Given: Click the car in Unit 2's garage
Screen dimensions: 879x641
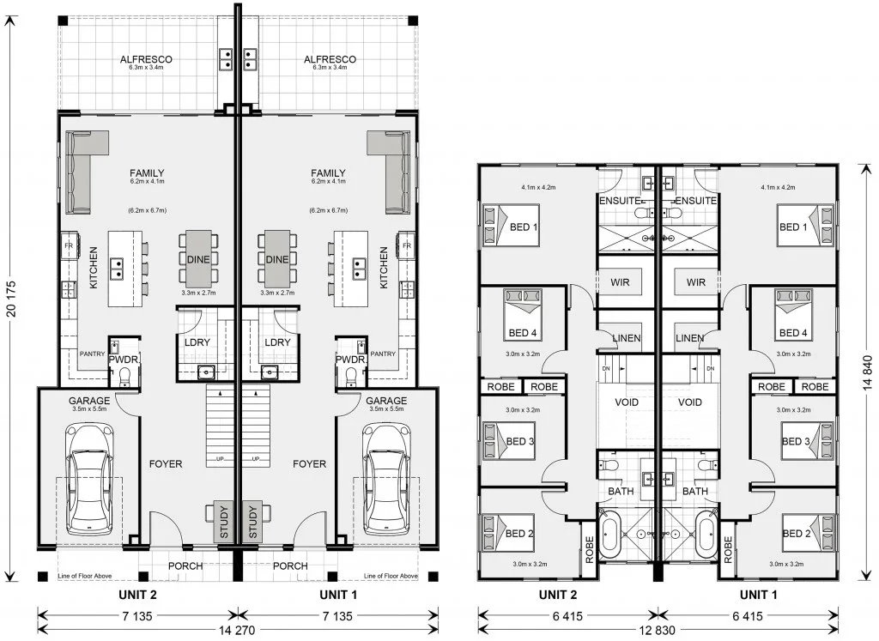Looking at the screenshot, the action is pyautogui.click(x=89, y=480).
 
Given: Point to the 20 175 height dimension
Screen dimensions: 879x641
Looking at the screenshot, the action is pyautogui.click(x=12, y=298).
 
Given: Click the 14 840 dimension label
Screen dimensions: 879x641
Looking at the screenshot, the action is pyautogui.click(x=868, y=372).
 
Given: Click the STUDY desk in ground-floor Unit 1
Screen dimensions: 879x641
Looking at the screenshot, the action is pyautogui.click(x=253, y=522).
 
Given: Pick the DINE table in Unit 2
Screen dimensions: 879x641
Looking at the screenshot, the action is pyautogui.click(x=198, y=259).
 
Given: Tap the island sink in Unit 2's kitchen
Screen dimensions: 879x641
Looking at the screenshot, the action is pyautogui.click(x=117, y=269).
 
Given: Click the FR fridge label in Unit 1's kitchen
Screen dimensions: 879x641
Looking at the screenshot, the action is pyautogui.click(x=407, y=245).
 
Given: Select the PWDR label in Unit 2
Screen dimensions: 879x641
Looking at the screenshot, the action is pyautogui.click(x=124, y=360).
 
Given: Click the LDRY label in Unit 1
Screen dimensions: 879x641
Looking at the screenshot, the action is pyautogui.click(x=277, y=342).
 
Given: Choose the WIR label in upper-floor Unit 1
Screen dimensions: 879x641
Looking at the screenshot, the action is pyautogui.click(x=695, y=282).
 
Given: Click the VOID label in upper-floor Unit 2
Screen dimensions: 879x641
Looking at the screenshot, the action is pyautogui.click(x=627, y=402).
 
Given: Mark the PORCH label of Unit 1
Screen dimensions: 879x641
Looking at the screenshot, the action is pyautogui.click(x=290, y=566).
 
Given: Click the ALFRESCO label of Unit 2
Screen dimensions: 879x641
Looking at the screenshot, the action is pyautogui.click(x=146, y=59).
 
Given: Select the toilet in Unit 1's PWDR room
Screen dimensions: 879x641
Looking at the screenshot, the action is pyautogui.click(x=352, y=377).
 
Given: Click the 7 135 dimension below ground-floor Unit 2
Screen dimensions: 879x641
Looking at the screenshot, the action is pyautogui.click(x=138, y=616).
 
